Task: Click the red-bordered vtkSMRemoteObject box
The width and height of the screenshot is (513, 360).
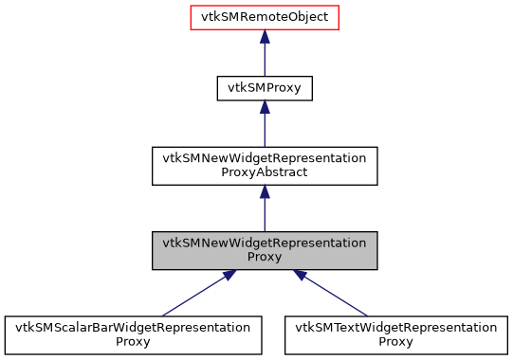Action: pyautogui.click(x=265, y=17)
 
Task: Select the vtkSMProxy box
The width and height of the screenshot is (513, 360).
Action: pyautogui.click(x=265, y=89)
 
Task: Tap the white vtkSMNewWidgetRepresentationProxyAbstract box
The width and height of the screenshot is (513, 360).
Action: pyautogui.click(x=265, y=166)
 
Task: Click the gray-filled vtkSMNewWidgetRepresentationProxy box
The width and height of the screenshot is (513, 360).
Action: pyautogui.click(x=265, y=250)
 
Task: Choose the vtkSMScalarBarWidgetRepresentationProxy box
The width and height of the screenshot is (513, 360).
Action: pyautogui.click(x=134, y=334)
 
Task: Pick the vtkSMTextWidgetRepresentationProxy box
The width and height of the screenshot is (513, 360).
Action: pyautogui.click(x=395, y=334)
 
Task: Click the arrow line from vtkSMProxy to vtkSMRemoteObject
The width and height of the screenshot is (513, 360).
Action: pyautogui.click(x=265, y=59)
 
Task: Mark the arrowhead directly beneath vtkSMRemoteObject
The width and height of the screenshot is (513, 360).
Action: pyautogui.click(x=265, y=36)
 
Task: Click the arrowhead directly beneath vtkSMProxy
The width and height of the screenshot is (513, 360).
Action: pyautogui.click(x=265, y=108)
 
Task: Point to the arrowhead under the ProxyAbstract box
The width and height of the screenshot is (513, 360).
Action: pyautogui.click(x=265, y=191)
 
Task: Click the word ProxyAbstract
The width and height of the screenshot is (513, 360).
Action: pyautogui.click(x=265, y=173)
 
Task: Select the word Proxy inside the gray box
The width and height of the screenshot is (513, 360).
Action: pyautogui.click(x=265, y=257)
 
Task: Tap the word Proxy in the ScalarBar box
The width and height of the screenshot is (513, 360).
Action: pyautogui.click(x=134, y=341)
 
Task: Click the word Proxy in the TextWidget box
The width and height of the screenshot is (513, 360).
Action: pyautogui.click(x=395, y=341)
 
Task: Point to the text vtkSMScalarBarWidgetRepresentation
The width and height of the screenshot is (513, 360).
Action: pyautogui.click(x=134, y=327)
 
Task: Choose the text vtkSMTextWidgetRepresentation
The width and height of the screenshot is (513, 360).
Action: pyautogui.click(x=395, y=327)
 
